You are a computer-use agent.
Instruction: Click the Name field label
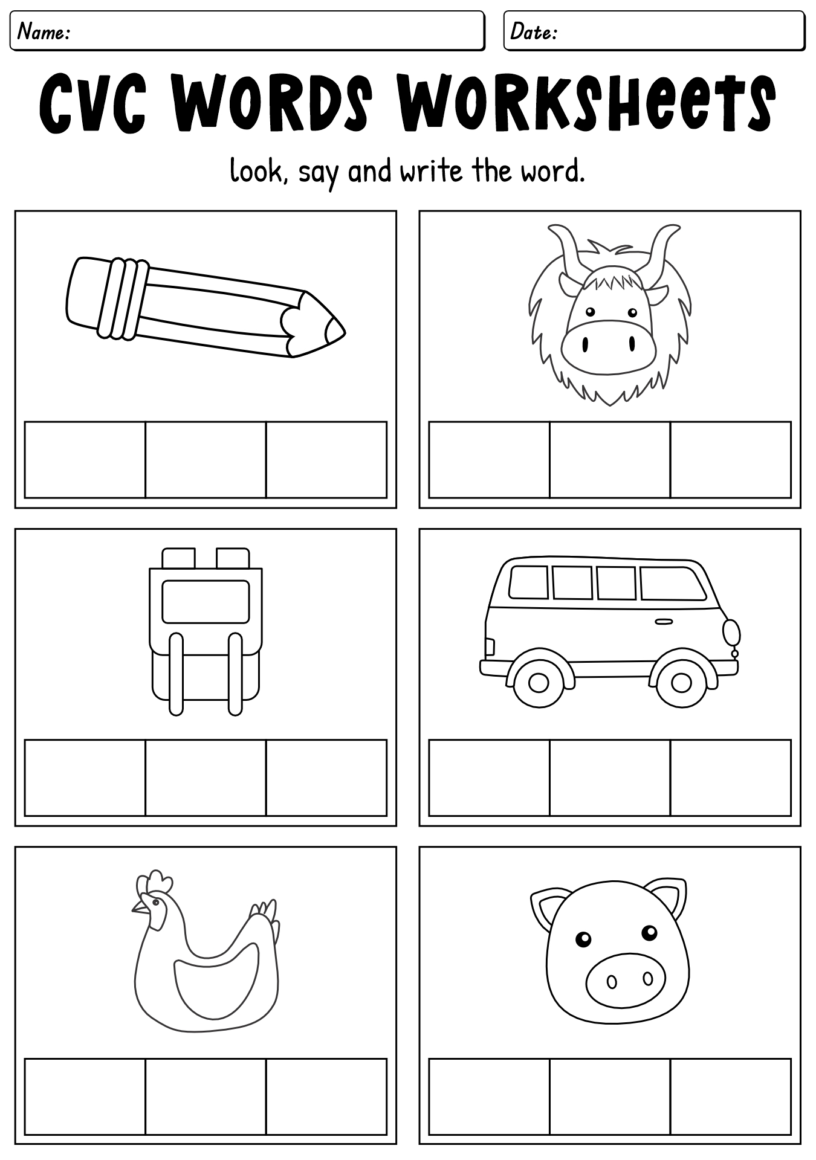[44, 31]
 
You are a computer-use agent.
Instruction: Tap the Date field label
[534, 31]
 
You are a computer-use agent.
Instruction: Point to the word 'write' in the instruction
[432, 171]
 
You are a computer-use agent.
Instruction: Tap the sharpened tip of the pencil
[335, 330]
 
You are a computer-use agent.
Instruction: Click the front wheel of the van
[681, 683]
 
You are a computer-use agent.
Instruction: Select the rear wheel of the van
[538, 683]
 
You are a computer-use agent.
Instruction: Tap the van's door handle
[664, 622]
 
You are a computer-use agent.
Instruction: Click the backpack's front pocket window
[206, 601]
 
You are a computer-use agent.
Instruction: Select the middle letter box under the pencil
[206, 460]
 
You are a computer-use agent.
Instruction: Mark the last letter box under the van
[731, 778]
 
